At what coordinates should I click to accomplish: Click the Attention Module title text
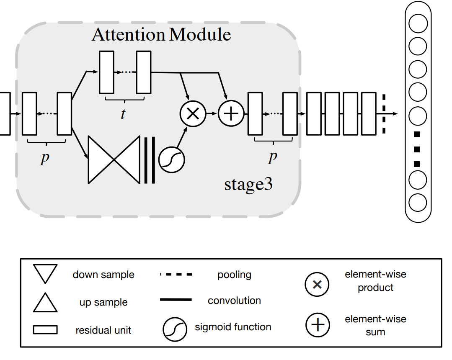click(x=161, y=34)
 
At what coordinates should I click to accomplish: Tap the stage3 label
click(x=248, y=184)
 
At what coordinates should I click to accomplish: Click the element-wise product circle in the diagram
click(x=193, y=114)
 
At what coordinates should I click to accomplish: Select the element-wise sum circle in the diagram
click(x=231, y=114)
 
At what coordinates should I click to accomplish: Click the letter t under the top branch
click(x=123, y=114)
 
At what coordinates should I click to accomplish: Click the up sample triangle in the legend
click(x=45, y=302)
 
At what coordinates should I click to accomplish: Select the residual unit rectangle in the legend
click(x=45, y=330)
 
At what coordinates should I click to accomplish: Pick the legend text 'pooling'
click(x=234, y=275)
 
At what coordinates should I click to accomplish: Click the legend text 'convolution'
click(x=234, y=301)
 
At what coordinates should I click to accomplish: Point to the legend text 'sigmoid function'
click(x=233, y=327)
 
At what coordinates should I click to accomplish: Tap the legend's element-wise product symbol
click(x=317, y=285)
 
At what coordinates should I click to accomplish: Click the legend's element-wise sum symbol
click(x=317, y=326)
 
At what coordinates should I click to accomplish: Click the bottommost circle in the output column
click(x=417, y=203)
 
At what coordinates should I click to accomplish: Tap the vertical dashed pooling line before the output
click(x=384, y=114)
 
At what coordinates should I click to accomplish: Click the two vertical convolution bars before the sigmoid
click(x=150, y=160)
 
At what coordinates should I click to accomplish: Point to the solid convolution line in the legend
click(x=176, y=300)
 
